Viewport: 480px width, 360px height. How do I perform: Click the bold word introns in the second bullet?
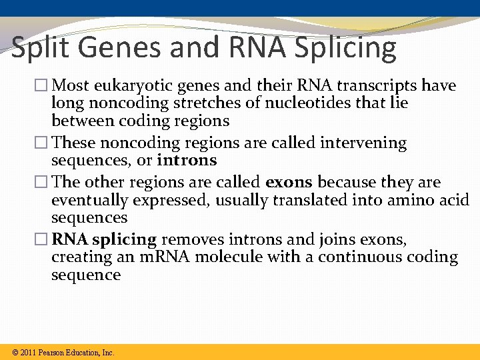[187, 161]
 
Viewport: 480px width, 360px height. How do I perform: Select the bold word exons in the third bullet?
[289, 183]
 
